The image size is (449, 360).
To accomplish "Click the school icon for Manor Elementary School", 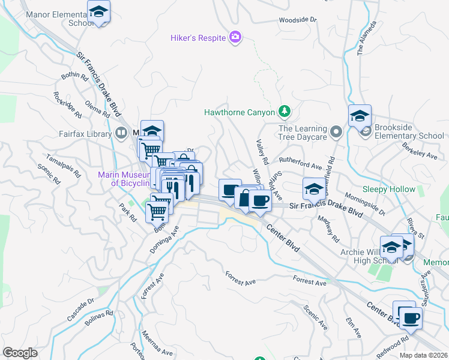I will coord(98,11).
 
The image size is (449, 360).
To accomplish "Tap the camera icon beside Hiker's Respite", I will coord(235,38).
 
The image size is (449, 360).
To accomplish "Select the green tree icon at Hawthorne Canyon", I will coord(285,112).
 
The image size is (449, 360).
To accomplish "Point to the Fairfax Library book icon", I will coord(121,133).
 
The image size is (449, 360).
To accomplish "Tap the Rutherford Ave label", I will coord(300,164).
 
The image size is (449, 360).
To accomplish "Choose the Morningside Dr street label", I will coord(365,203).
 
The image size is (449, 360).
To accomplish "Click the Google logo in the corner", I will coord(20,352).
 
